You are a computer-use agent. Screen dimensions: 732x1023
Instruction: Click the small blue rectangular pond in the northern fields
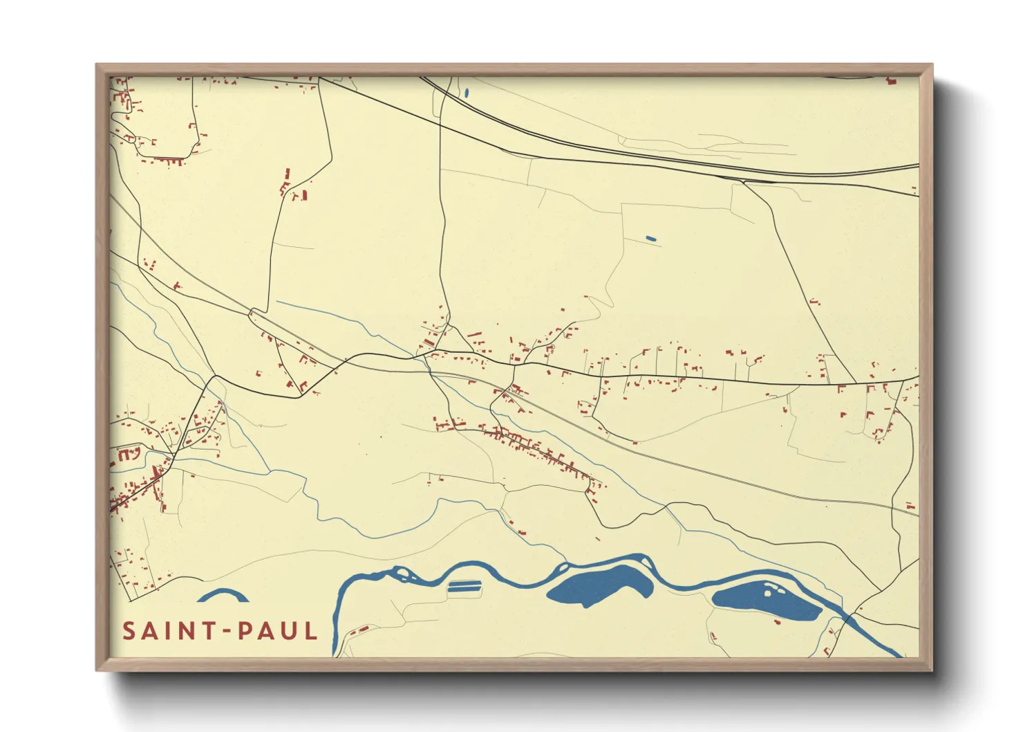650,239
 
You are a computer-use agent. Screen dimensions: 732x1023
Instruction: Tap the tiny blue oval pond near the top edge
467,92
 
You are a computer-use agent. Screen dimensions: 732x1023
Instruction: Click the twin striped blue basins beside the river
463,587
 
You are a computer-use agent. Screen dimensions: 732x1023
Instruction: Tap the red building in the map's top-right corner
892,82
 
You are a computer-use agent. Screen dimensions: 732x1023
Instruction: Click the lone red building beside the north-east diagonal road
815,302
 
